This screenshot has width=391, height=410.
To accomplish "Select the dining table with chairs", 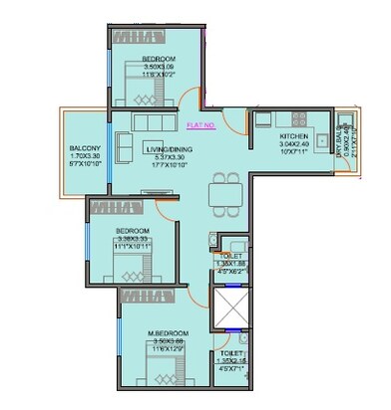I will [x=226, y=187].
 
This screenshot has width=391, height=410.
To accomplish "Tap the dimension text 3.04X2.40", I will [x=295, y=143].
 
